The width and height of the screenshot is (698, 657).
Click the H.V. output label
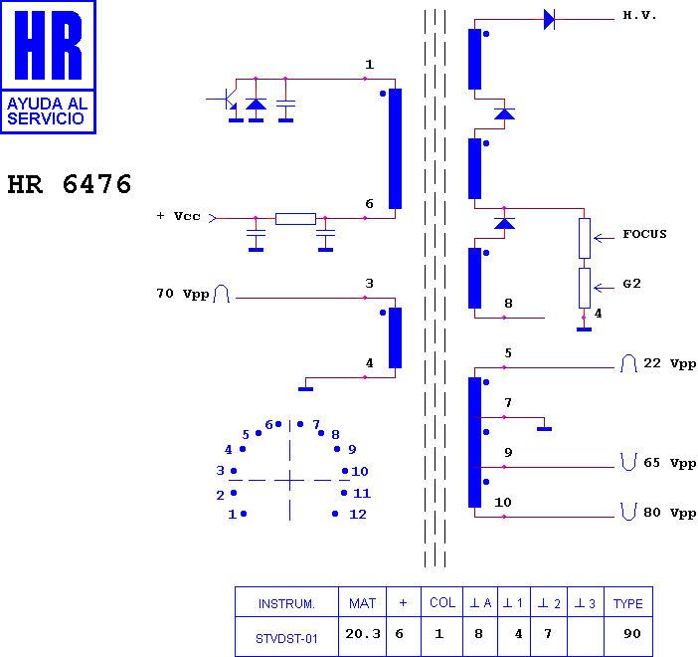[639, 15]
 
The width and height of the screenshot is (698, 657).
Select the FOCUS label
[644, 234]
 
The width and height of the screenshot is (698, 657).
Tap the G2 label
[631, 284]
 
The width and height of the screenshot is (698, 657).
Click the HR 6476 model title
[70, 184]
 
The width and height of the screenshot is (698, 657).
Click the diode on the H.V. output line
[549, 20]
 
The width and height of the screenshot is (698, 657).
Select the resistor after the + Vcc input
[295, 218]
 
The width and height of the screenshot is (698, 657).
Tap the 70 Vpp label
[183, 294]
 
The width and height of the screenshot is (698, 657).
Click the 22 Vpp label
[669, 363]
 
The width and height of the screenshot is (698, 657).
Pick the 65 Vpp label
[669, 463]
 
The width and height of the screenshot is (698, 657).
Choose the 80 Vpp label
[669, 513]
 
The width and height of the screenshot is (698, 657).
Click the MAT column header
[362, 603]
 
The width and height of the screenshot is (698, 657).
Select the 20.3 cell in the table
[363, 633]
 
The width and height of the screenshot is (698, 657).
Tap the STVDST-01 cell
[286, 639]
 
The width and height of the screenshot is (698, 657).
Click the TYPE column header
[628, 603]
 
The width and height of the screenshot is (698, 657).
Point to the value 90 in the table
[632, 633]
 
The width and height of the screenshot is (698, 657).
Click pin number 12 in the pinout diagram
[358, 515]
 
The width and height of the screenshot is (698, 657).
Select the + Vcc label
[179, 216]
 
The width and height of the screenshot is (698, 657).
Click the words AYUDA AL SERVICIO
[47, 110]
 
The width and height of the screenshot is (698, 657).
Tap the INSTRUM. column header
[286, 604]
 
